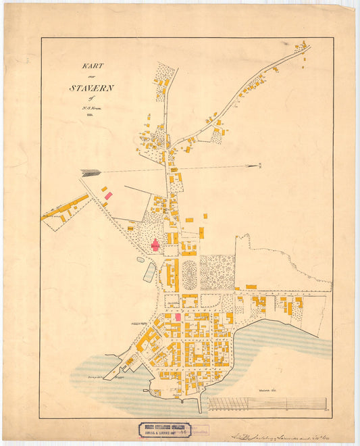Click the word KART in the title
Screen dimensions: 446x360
(92, 66)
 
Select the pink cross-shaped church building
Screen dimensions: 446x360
(155, 245)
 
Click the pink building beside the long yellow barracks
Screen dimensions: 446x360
(108, 195)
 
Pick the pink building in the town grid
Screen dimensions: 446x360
(178, 316)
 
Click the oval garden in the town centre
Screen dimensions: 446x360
(190, 274)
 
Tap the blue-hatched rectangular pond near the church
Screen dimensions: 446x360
(149, 272)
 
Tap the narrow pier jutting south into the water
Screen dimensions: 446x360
(200, 405)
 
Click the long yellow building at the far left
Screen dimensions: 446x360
(65, 207)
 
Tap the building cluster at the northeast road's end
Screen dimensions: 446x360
(301, 48)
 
